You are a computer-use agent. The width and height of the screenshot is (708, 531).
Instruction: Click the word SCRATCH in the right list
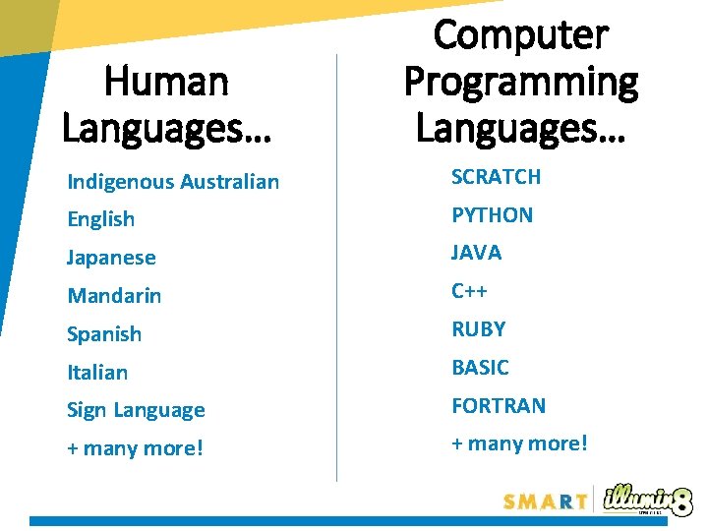tap(496, 177)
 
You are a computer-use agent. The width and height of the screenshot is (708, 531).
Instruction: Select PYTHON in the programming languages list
tap(492, 215)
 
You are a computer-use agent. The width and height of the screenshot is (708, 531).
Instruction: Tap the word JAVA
tap(476, 253)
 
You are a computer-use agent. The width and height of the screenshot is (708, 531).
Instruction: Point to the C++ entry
tap(469, 291)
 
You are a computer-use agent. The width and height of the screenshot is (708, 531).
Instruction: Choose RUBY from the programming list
tap(478, 329)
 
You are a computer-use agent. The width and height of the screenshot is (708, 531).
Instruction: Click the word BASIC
tap(480, 368)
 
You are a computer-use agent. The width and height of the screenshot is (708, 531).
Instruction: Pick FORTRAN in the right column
tap(498, 405)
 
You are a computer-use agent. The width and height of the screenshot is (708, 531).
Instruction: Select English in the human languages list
tap(100, 219)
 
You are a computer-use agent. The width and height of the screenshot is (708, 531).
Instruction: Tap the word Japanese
tap(111, 258)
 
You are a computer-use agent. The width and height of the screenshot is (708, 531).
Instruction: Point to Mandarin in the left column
tap(114, 296)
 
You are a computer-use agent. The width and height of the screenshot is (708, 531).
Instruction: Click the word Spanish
tap(104, 334)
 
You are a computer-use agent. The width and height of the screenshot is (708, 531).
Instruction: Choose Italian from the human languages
tap(97, 373)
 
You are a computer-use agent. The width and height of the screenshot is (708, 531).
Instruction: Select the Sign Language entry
tap(136, 410)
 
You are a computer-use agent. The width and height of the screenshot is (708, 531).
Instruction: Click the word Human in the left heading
tap(166, 82)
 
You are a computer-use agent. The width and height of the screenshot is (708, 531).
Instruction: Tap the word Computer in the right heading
tap(521, 36)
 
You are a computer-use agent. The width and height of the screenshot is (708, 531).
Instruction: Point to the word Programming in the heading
tap(521, 82)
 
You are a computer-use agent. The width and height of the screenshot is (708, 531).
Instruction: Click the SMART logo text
tap(546, 501)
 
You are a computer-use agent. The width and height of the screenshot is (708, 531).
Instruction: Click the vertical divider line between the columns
tap(337, 265)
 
